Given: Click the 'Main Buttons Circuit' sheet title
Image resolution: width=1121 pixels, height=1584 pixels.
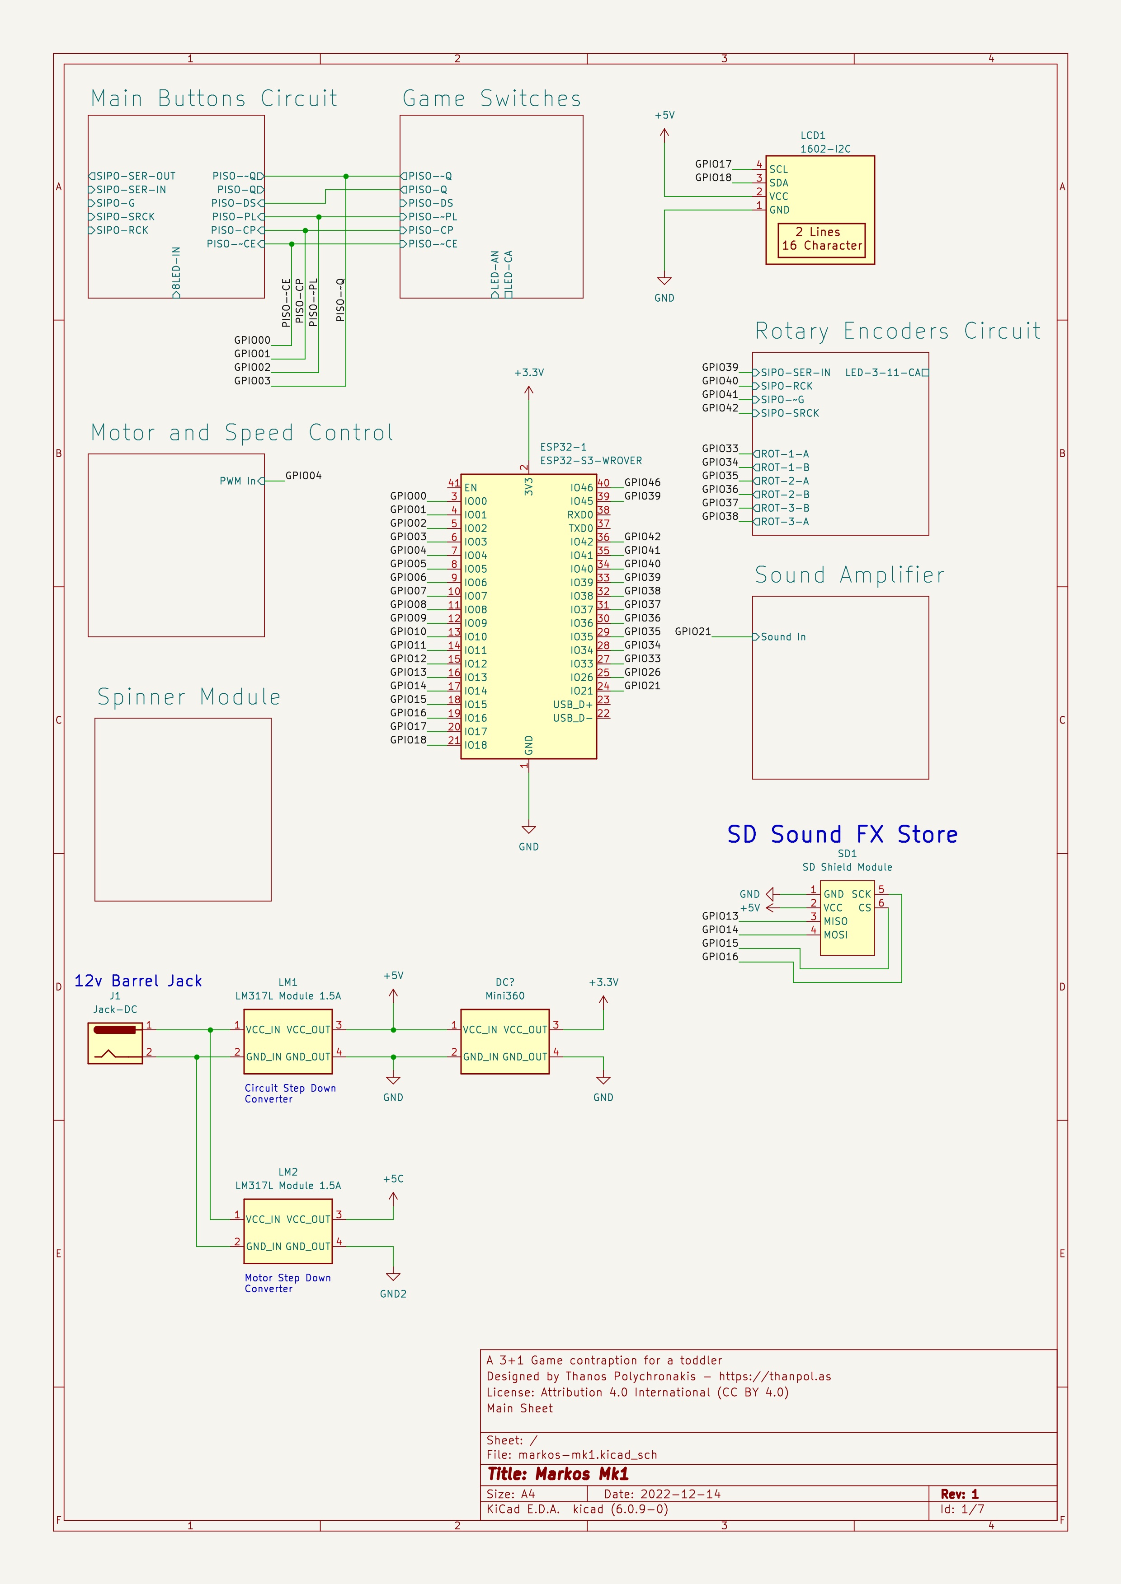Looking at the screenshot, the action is click(x=214, y=98).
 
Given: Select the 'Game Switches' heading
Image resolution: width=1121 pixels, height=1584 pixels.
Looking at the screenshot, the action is click(x=491, y=98).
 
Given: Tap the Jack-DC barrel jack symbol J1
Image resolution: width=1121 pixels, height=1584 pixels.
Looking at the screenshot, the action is click(x=115, y=1043).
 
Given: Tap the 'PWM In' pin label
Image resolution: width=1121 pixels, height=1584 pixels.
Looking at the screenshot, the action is click(x=237, y=481).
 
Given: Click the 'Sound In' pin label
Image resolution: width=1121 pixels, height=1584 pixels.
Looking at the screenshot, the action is click(x=783, y=637).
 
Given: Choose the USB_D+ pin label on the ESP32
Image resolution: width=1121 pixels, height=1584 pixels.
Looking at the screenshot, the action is click(x=573, y=705).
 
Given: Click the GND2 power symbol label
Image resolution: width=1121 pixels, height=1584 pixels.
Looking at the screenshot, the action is click(x=393, y=1294).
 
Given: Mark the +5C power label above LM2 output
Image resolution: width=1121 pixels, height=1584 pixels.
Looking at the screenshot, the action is click(x=393, y=1178).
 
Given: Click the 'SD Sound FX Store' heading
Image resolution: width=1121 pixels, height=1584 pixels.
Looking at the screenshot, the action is click(x=842, y=834).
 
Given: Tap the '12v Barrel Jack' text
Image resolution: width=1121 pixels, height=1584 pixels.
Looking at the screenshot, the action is click(x=138, y=980).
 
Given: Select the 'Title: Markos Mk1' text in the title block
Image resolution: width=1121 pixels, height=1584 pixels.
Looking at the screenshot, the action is click(x=558, y=1474).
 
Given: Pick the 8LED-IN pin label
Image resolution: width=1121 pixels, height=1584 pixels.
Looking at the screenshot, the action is click(x=176, y=268).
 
